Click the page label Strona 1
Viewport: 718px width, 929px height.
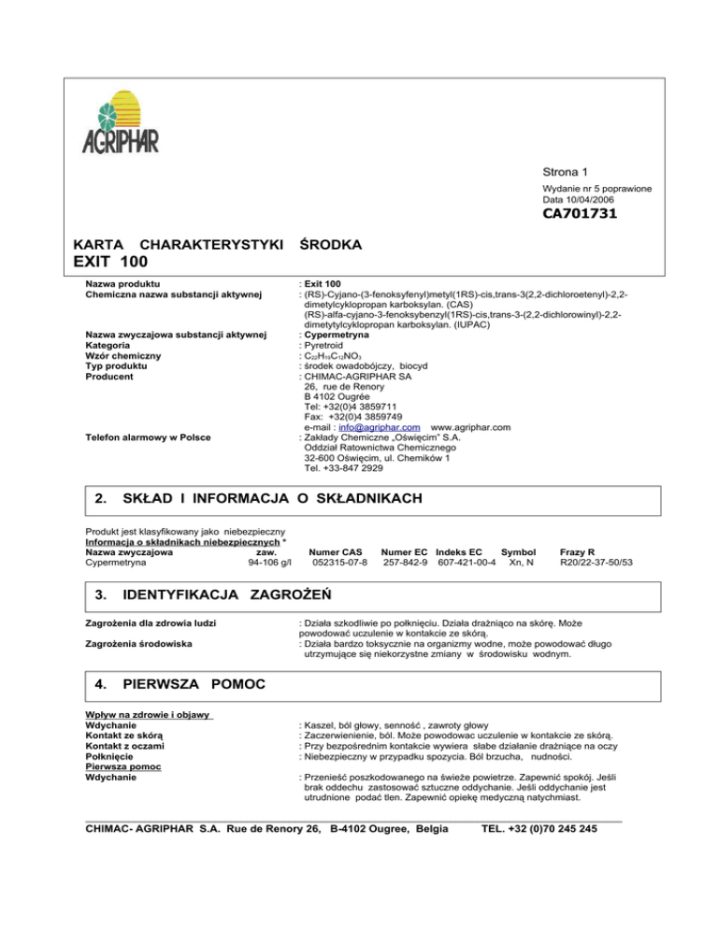(x=567, y=172)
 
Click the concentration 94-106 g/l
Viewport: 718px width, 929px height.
(x=270, y=563)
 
